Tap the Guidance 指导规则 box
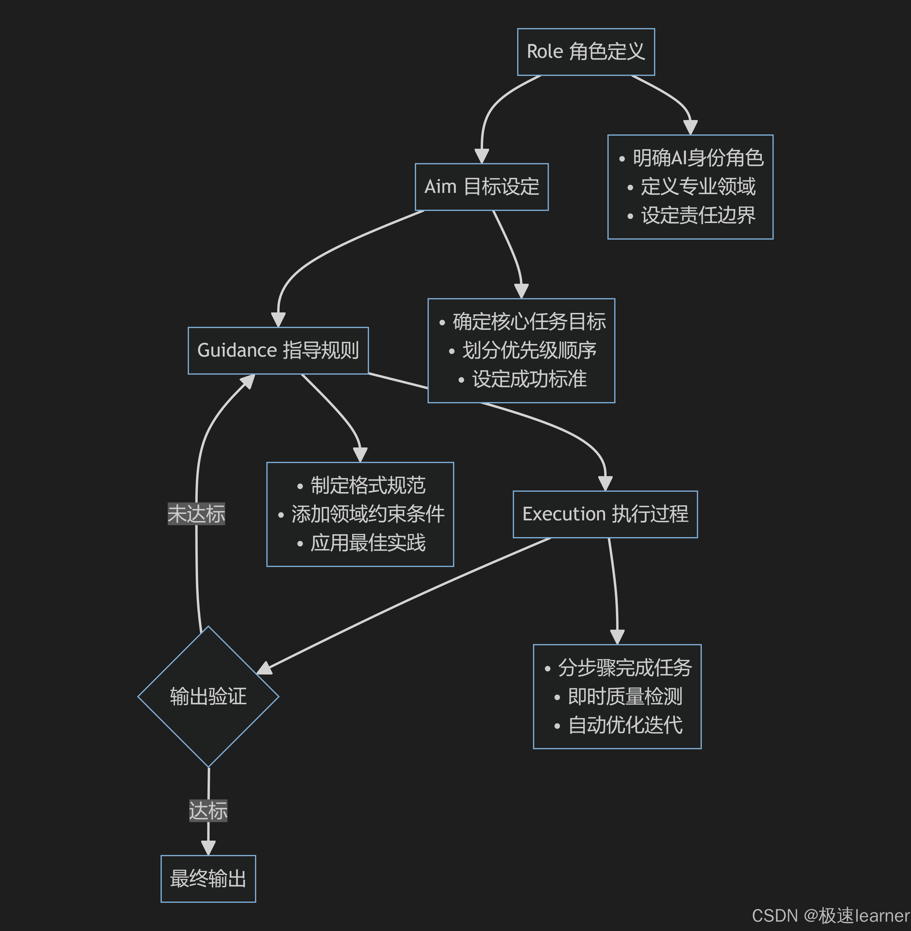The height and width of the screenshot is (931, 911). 278,350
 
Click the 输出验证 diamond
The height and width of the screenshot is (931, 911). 208,696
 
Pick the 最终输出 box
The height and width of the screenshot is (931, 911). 208,878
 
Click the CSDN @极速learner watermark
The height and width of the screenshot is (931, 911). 830,915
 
